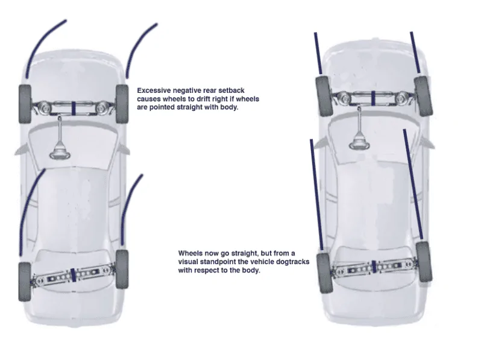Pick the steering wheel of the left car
pyautogui.click(x=60, y=153)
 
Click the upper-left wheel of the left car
pyautogui.click(x=25, y=104)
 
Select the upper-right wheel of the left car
pyautogui.click(x=122, y=104)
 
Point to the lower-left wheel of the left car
pyautogui.click(x=25, y=282)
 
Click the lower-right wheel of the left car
pyautogui.click(x=122, y=269)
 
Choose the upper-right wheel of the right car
pyautogui.click(x=423, y=96)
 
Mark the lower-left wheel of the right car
pyautogui.click(x=324, y=273)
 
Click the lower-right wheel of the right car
pyautogui.click(x=424, y=262)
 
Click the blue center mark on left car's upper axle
pyautogui.click(x=74, y=108)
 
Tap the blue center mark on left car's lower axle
pyautogui.click(x=72, y=275)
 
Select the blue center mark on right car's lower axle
pyautogui.click(x=374, y=267)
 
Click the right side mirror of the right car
pyautogui.click(x=427, y=143)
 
